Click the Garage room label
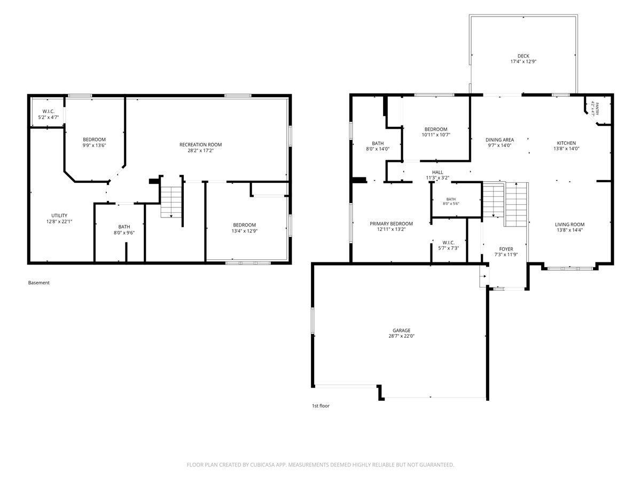(401, 330)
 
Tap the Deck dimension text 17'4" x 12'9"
(523, 61)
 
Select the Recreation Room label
(200, 144)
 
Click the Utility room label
(59, 215)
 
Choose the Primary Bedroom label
(391, 224)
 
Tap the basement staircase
(171, 202)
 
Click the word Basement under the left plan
(39, 283)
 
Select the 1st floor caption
(320, 406)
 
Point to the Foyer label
(506, 249)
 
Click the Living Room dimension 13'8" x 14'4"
(569, 230)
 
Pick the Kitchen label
(566, 143)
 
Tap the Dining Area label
(499, 140)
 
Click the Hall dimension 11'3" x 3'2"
(437, 177)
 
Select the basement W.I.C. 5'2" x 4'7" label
(48, 114)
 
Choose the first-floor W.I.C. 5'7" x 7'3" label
(448, 245)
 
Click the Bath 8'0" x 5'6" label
(451, 201)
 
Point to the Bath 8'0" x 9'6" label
(124, 230)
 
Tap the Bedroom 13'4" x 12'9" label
(245, 228)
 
